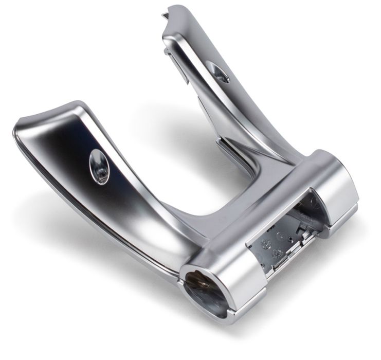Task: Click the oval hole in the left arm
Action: (99, 166)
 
